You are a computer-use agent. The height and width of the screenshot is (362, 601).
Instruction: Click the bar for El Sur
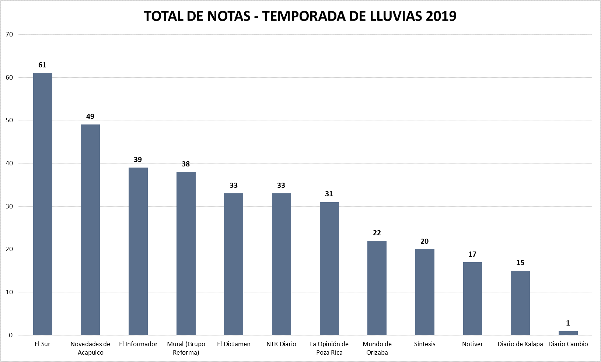(x=43, y=204)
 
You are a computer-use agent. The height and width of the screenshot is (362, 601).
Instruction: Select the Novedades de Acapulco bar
(x=90, y=230)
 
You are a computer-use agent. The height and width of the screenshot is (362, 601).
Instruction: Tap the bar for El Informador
(x=138, y=251)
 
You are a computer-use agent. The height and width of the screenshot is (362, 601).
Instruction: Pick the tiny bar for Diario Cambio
(x=568, y=333)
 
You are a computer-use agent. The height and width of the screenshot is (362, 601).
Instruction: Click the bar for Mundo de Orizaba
(x=377, y=288)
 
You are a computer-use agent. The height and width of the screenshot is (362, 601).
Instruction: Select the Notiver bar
(x=472, y=299)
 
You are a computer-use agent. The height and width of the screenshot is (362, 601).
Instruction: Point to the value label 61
(x=42, y=65)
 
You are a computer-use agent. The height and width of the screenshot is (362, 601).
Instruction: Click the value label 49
(x=90, y=117)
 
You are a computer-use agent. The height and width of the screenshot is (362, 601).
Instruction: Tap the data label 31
(x=329, y=194)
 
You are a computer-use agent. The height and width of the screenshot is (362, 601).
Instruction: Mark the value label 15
(x=520, y=263)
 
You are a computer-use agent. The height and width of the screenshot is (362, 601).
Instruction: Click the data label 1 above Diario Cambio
(x=568, y=323)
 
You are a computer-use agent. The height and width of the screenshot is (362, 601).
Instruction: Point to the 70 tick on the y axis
(x=9, y=35)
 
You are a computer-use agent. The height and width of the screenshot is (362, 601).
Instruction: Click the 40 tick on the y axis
(x=9, y=164)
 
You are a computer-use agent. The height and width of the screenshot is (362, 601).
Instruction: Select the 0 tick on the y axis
(x=11, y=335)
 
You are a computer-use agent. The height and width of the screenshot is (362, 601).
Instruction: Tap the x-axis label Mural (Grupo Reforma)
(x=186, y=348)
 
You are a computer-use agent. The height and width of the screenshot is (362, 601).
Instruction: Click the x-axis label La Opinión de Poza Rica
(x=329, y=348)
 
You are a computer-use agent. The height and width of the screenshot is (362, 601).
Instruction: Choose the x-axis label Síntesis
(x=424, y=344)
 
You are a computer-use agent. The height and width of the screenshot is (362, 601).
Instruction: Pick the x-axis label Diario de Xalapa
(x=520, y=344)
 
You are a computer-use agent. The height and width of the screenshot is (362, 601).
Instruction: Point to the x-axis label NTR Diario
(x=281, y=344)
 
